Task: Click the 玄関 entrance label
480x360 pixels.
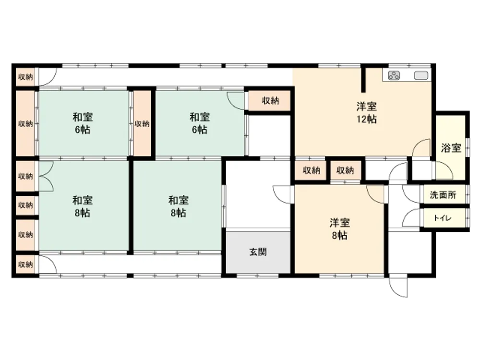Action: [258, 252]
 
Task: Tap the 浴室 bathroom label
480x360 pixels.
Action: [451, 148]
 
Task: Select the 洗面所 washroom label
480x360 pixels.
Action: [443, 195]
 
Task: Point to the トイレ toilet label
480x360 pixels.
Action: [443, 218]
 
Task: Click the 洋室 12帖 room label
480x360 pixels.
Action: [366, 113]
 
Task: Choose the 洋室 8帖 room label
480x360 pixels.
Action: [340, 228]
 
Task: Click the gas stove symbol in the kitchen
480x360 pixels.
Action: [394, 75]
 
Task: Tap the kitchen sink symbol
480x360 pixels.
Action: [421, 75]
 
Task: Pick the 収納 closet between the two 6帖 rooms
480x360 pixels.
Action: [142, 124]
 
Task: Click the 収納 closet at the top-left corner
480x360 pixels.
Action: [25, 77]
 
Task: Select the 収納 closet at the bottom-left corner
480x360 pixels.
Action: [25, 264]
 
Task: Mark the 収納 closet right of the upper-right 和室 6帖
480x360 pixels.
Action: [269, 100]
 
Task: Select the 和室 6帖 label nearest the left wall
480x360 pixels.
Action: [83, 123]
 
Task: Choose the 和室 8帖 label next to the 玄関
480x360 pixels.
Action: [179, 206]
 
